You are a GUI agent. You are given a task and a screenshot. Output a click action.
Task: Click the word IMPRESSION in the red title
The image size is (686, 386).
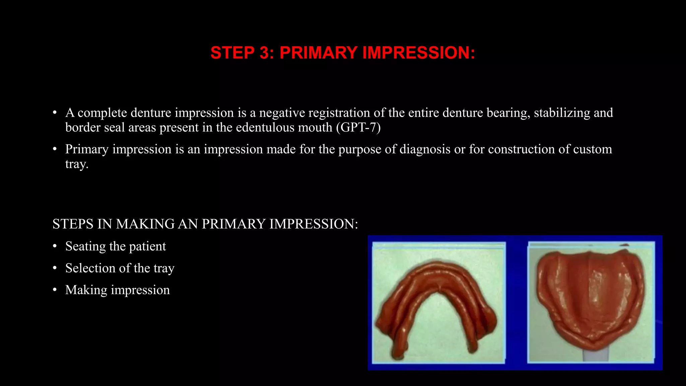pyautogui.click(x=418, y=53)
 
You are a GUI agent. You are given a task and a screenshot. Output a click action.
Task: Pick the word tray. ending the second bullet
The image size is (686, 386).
pyautogui.click(x=77, y=164)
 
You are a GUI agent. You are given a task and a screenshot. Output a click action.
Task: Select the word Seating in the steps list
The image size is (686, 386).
pyautogui.click(x=85, y=247)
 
